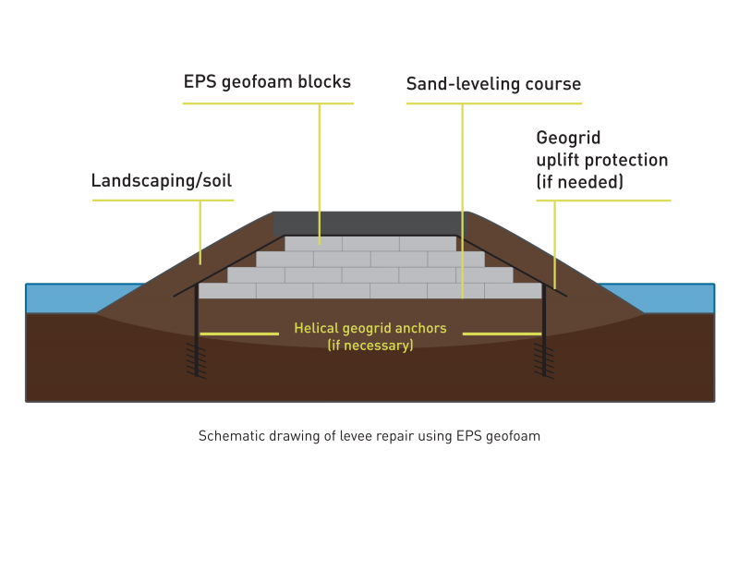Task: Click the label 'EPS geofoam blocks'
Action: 268,82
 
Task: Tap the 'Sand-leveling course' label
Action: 493,84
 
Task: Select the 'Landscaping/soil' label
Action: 162,180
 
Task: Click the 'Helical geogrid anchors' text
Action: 369,328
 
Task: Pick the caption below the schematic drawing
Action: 369,436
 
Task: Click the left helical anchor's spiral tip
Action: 196,360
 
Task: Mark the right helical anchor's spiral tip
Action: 543,360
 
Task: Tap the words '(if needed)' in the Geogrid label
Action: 579,182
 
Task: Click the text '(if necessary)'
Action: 369,346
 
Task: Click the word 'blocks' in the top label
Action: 324,82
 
